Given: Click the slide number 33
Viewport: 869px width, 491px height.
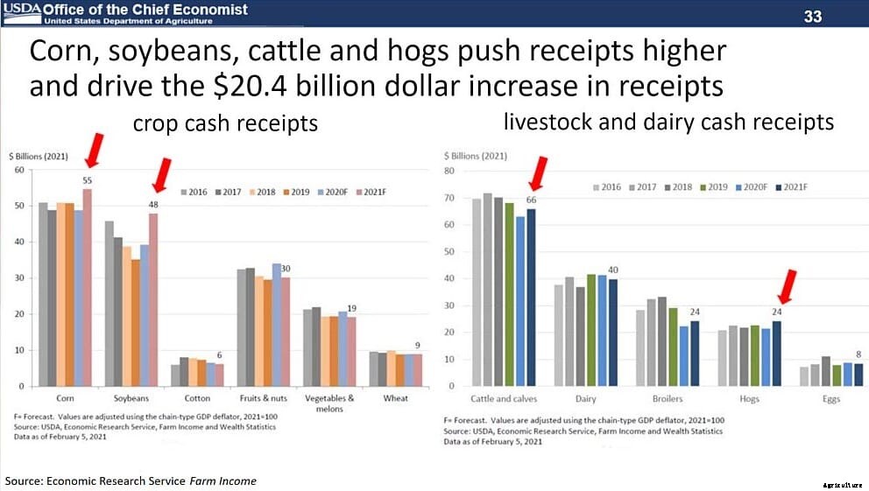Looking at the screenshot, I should tap(813, 16).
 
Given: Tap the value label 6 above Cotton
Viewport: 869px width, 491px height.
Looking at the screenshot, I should tap(220, 354).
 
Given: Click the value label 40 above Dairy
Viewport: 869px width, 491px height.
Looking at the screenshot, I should tap(612, 270).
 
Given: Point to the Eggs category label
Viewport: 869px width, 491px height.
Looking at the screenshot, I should tap(831, 399).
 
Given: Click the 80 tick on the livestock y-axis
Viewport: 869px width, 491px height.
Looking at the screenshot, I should tap(450, 172).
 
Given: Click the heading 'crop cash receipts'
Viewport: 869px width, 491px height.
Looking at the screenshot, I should tap(225, 123).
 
